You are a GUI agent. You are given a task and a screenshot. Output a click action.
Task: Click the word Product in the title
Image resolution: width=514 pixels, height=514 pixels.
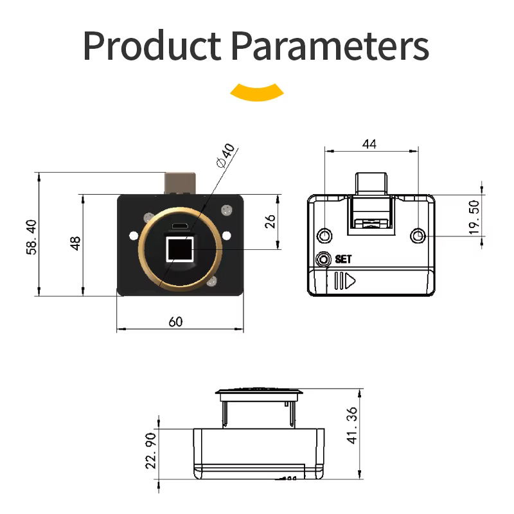[152, 45]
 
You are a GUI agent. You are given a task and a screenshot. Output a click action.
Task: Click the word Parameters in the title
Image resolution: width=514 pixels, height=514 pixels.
[330, 45]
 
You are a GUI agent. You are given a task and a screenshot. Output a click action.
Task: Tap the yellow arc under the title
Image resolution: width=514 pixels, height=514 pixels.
[256, 93]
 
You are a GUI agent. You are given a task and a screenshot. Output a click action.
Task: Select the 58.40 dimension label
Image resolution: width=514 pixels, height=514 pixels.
[31, 237]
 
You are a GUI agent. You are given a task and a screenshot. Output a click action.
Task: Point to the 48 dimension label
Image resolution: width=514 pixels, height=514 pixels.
[75, 244]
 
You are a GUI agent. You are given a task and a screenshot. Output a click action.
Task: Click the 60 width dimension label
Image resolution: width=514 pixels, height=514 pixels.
[175, 322]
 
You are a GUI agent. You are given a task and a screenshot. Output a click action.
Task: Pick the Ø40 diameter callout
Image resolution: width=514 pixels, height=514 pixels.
[226, 155]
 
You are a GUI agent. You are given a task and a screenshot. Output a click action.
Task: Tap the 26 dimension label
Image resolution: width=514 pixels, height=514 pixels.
[270, 221]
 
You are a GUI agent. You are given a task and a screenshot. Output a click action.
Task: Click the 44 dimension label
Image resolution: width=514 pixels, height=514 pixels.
[369, 144]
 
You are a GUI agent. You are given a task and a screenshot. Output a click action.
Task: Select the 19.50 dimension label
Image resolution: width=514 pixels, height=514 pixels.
[474, 217]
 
